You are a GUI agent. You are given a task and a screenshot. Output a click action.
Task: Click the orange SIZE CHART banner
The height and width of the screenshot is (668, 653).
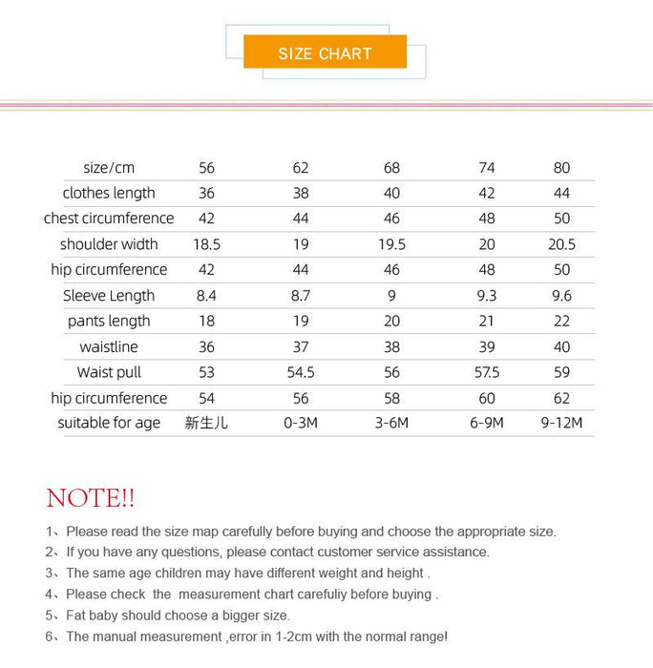coord(325,53)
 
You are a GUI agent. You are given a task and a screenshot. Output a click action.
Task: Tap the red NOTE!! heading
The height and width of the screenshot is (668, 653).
coord(91,497)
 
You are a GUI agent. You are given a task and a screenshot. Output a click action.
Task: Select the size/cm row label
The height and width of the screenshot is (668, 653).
coord(109,168)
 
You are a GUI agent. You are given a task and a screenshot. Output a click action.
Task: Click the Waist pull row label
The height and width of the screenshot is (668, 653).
coord(109,372)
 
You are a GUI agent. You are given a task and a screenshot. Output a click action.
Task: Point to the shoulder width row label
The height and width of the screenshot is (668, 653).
coord(109,244)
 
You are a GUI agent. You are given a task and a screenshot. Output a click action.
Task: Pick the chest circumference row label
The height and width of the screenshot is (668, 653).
coord(109,219)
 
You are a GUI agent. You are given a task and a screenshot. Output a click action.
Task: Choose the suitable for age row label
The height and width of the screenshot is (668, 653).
coord(109,423)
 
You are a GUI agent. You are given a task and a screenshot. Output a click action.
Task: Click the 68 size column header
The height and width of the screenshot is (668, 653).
coord(391,168)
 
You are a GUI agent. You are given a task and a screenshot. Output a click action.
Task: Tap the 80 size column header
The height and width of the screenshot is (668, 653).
coord(561,168)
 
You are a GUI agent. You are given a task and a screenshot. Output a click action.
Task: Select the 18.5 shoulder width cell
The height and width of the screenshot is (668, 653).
coord(207,244)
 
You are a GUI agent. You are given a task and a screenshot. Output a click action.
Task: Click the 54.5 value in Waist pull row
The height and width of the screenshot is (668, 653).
coord(301,372)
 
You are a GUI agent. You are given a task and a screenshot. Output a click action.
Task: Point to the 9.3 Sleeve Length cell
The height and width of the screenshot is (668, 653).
coord(486,296)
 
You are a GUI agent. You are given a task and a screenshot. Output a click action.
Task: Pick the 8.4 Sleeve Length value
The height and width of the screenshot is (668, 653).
coord(207,296)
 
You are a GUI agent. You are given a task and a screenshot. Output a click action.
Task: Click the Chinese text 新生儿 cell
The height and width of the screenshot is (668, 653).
coord(207,423)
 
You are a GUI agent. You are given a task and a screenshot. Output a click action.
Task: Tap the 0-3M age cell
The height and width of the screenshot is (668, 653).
coord(301,423)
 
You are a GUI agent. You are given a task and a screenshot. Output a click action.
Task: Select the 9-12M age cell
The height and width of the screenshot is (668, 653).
coord(561,423)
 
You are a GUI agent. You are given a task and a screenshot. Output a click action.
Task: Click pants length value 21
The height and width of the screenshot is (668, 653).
coord(486,322)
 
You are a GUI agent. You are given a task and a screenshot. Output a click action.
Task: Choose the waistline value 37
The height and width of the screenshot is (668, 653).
coord(301,347)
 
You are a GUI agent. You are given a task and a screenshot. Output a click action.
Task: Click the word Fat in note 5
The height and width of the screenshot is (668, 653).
coord(78,616)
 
